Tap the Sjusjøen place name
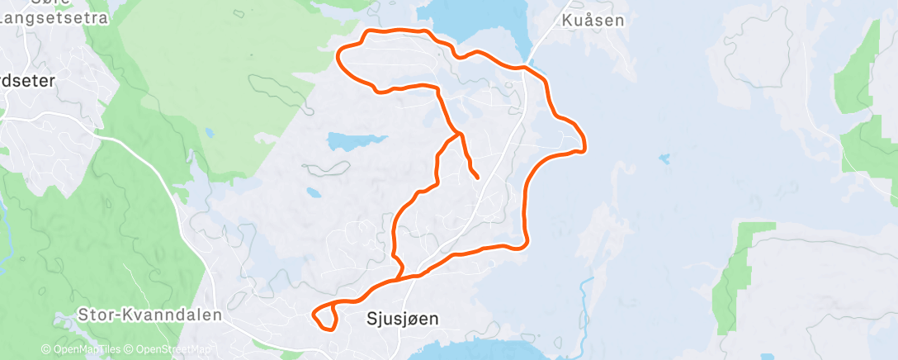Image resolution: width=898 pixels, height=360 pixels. pyautogui.click(x=402, y=317)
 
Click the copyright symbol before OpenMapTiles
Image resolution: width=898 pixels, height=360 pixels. pyautogui.click(x=46, y=349)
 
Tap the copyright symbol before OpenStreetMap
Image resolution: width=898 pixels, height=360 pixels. pyautogui.click(x=130, y=349)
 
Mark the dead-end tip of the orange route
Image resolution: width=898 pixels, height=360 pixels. pyautogui.click(x=478, y=176)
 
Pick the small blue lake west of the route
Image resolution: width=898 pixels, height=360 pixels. pyautogui.click(x=355, y=140)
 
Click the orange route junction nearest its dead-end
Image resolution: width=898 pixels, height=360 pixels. pyautogui.click(x=458, y=133)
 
